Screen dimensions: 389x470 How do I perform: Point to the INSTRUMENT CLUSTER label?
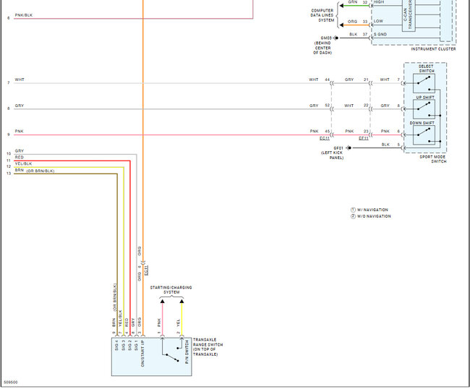coord(433,49)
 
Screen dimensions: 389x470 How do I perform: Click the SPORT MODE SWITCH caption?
coord(432,158)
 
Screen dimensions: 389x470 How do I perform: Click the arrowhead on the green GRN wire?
coord(373,3)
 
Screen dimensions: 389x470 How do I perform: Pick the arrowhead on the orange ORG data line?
coord(373,22)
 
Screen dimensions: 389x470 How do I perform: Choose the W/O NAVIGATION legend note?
coord(373,216)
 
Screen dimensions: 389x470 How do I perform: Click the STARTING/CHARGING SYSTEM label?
coord(171,290)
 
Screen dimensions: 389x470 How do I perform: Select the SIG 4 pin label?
coord(114,349)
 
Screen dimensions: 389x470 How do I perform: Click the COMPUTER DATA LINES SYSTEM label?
coord(322,14)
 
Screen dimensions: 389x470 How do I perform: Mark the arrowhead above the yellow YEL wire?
coord(181,299)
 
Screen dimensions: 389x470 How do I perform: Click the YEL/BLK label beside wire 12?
coord(24,163)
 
